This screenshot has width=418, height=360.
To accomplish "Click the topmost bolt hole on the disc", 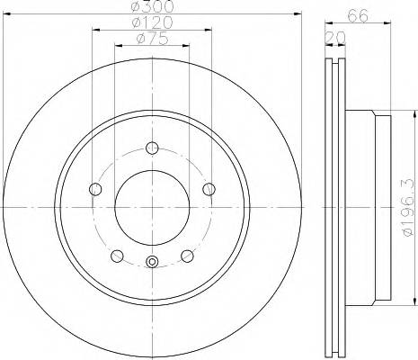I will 152,148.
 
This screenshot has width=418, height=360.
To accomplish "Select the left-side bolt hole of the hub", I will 95,189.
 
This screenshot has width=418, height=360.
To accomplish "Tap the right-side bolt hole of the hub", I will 209,189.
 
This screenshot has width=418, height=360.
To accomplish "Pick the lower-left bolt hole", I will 117,255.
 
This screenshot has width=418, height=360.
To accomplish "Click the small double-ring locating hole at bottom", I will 152,263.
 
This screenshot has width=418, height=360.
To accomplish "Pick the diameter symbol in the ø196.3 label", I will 406,237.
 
